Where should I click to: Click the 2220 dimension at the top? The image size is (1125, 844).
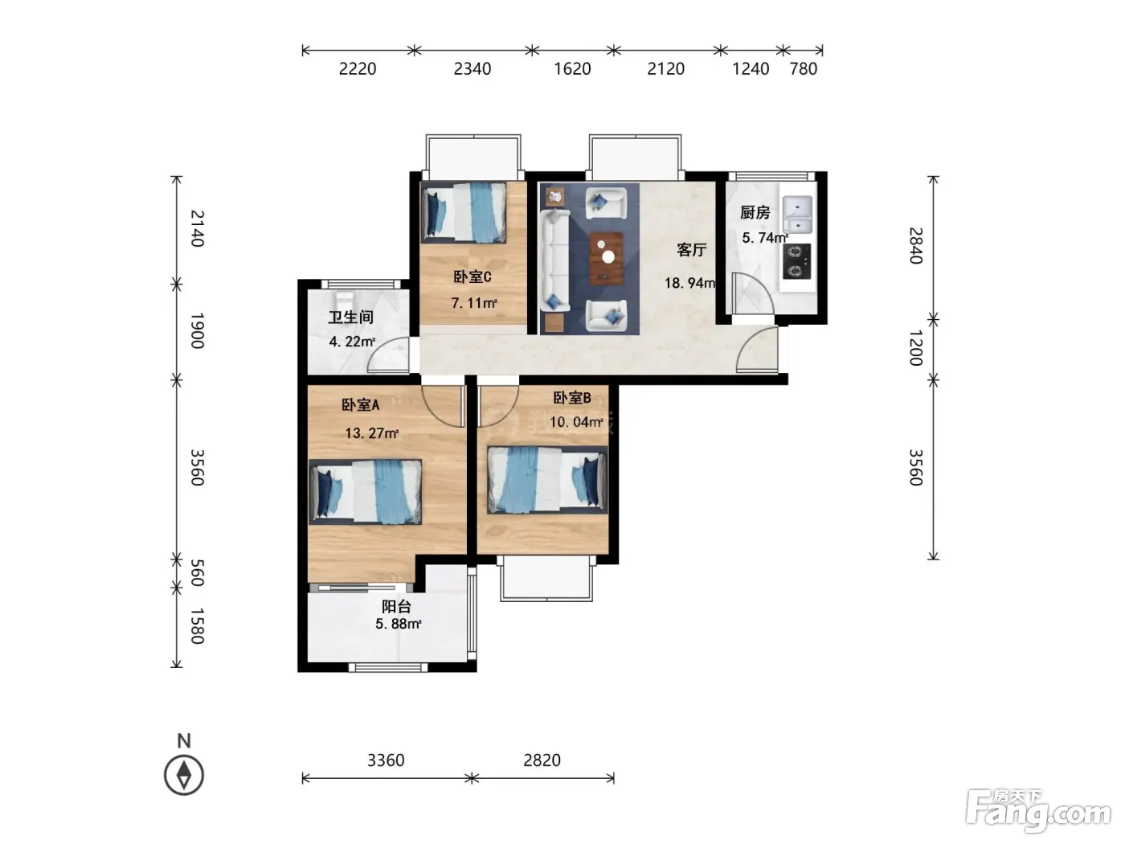(x=358, y=68)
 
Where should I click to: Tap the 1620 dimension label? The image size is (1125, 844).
(x=572, y=68)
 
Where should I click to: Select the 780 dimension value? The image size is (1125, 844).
(x=803, y=68)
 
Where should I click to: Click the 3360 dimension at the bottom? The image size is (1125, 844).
(x=386, y=760)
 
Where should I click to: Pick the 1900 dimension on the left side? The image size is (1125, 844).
(x=198, y=330)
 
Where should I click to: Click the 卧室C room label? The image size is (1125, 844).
(x=472, y=277)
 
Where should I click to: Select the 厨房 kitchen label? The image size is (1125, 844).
(x=755, y=213)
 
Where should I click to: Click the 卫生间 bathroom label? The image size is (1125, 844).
(x=350, y=318)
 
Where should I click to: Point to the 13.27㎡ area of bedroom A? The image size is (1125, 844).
(x=371, y=433)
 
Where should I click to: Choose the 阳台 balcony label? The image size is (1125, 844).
(x=396, y=607)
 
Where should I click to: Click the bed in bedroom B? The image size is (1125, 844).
(x=547, y=479)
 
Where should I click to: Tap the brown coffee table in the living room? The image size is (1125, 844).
(x=607, y=258)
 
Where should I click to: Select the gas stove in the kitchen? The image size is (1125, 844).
(x=797, y=261)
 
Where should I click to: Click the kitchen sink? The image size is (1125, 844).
(x=797, y=215)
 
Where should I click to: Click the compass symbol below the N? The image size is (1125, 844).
(x=184, y=775)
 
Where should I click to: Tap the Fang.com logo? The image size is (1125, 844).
(x=1038, y=812)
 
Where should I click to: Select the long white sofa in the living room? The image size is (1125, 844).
(x=554, y=260)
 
